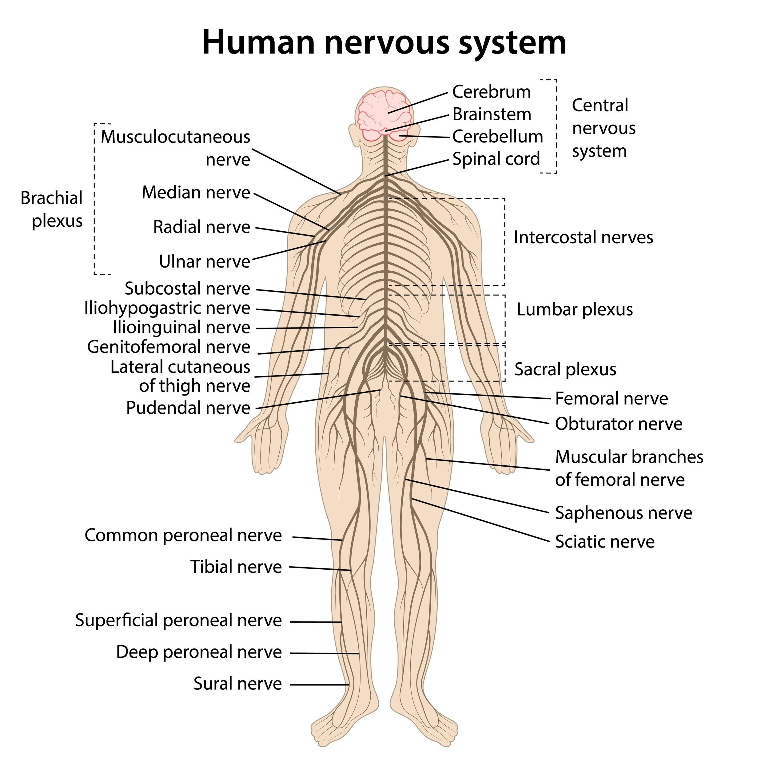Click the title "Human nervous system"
(x=384, y=42)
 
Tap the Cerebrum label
(x=492, y=92)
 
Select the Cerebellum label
(x=497, y=137)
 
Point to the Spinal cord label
(x=496, y=159)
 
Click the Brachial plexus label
(x=51, y=209)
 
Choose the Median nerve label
(x=196, y=193)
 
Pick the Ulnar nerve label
(x=205, y=261)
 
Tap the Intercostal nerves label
(x=583, y=237)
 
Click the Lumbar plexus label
(x=574, y=309)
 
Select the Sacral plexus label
(x=565, y=369)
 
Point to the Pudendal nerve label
(x=188, y=408)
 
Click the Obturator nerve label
(x=619, y=424)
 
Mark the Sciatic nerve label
(x=605, y=541)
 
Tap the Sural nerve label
(x=238, y=683)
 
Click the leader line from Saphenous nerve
(x=478, y=496)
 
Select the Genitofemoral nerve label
(x=169, y=347)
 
